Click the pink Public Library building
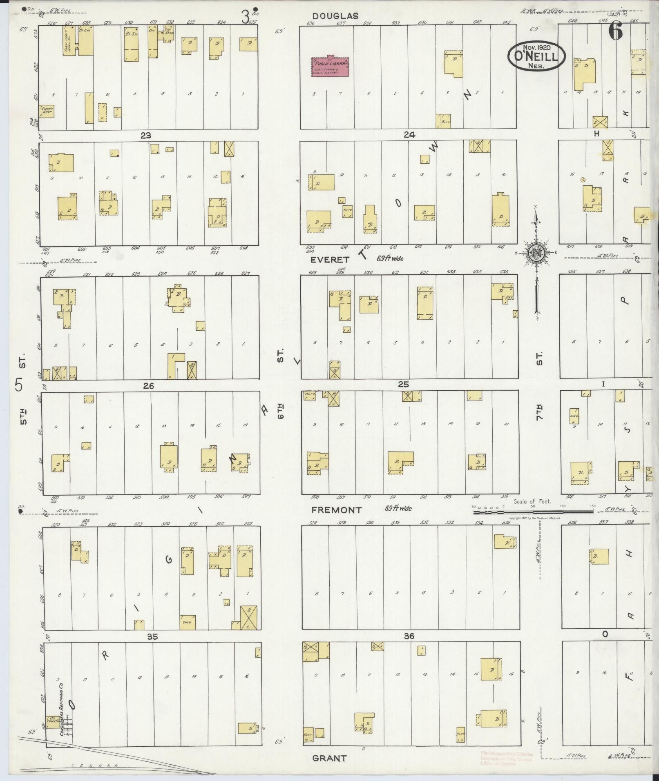point(331,67)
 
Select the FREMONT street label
point(336,510)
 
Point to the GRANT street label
point(329,758)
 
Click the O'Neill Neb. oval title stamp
point(537,57)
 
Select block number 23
point(146,136)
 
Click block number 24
point(409,135)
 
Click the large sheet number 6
point(615,31)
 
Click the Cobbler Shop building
point(47,111)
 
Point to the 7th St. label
point(539,412)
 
